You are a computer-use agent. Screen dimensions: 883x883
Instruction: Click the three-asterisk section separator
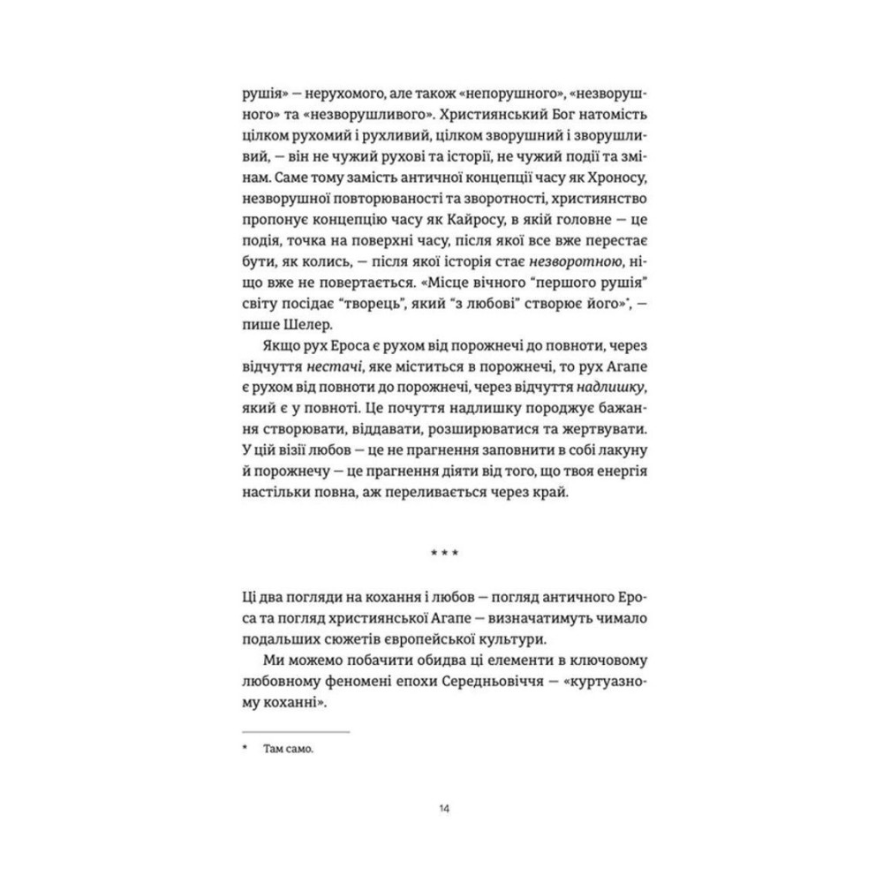(x=441, y=555)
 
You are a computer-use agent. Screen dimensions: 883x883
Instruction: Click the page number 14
(x=441, y=808)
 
